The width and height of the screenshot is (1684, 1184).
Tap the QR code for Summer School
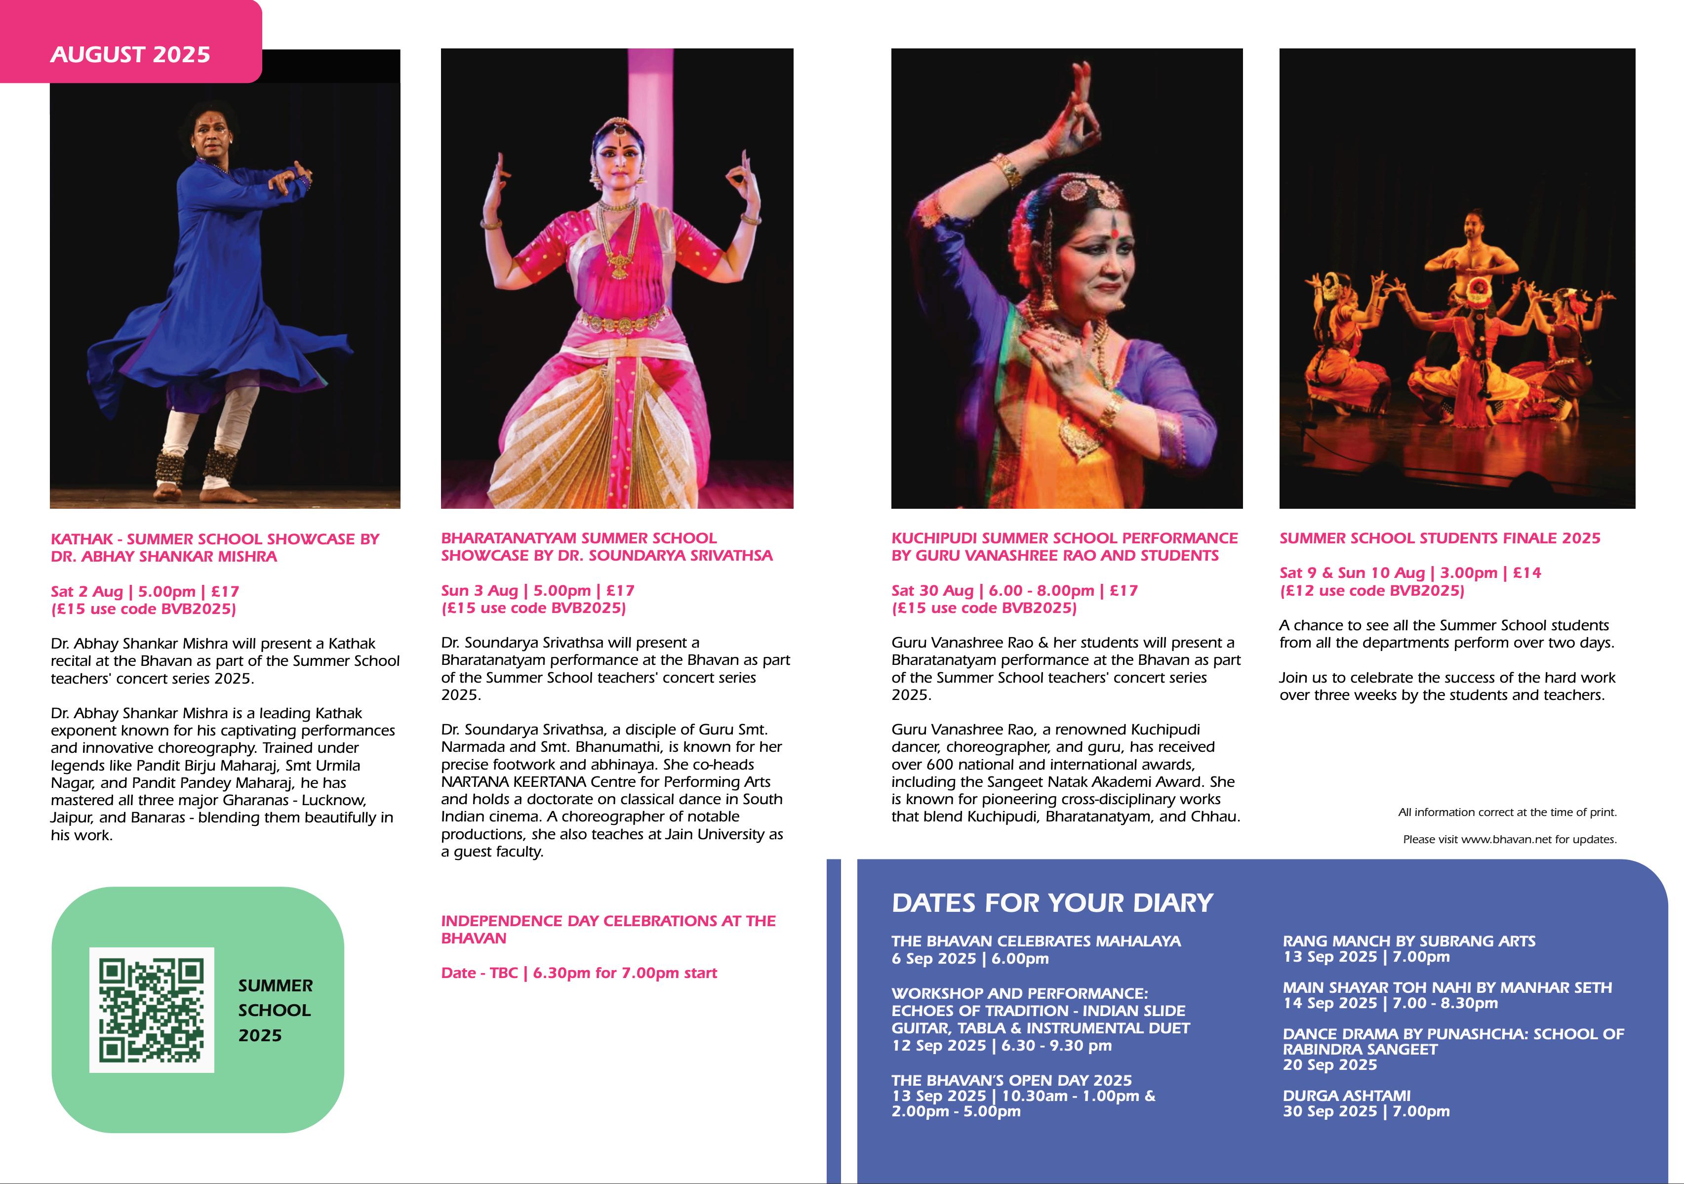(x=151, y=1010)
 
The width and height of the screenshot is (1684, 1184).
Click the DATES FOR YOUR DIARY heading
(x=1052, y=903)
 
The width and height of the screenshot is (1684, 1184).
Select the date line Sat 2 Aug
(x=145, y=591)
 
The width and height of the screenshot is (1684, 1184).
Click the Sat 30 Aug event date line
(x=1014, y=591)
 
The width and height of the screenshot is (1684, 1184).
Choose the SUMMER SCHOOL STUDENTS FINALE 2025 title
(x=1439, y=538)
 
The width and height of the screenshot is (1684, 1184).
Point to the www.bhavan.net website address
(x=1505, y=839)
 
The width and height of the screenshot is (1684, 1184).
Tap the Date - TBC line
(x=578, y=974)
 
